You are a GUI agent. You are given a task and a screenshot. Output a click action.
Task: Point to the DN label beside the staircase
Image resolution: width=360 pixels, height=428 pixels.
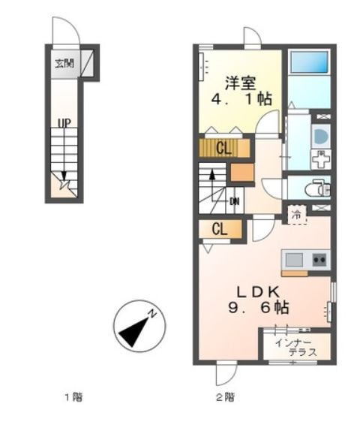pyautogui.click(x=234, y=200)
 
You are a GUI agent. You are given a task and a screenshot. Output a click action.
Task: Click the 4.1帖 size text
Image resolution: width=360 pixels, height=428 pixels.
pyautogui.click(x=238, y=99)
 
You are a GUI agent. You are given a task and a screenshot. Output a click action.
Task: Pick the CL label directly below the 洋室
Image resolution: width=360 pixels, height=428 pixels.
pyautogui.click(x=223, y=147)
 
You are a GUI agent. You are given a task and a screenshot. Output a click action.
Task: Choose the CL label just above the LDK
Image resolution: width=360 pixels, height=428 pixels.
pyautogui.click(x=218, y=230)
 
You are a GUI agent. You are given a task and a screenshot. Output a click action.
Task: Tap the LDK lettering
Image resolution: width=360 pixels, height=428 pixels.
pyautogui.click(x=259, y=291)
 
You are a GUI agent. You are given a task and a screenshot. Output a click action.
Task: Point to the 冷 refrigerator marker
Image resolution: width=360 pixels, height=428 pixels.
pyautogui.click(x=297, y=215)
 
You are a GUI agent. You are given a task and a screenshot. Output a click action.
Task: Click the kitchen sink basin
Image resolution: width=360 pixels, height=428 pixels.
pyautogui.click(x=293, y=260)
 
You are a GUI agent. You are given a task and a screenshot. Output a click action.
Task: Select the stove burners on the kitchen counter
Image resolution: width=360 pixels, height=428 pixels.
pyautogui.click(x=319, y=260)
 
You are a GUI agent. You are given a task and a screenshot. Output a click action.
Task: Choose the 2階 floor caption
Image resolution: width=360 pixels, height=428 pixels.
pyautogui.click(x=226, y=396)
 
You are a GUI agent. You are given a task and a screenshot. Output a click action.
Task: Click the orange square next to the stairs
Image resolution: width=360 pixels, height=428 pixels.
pyautogui.click(x=241, y=173)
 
